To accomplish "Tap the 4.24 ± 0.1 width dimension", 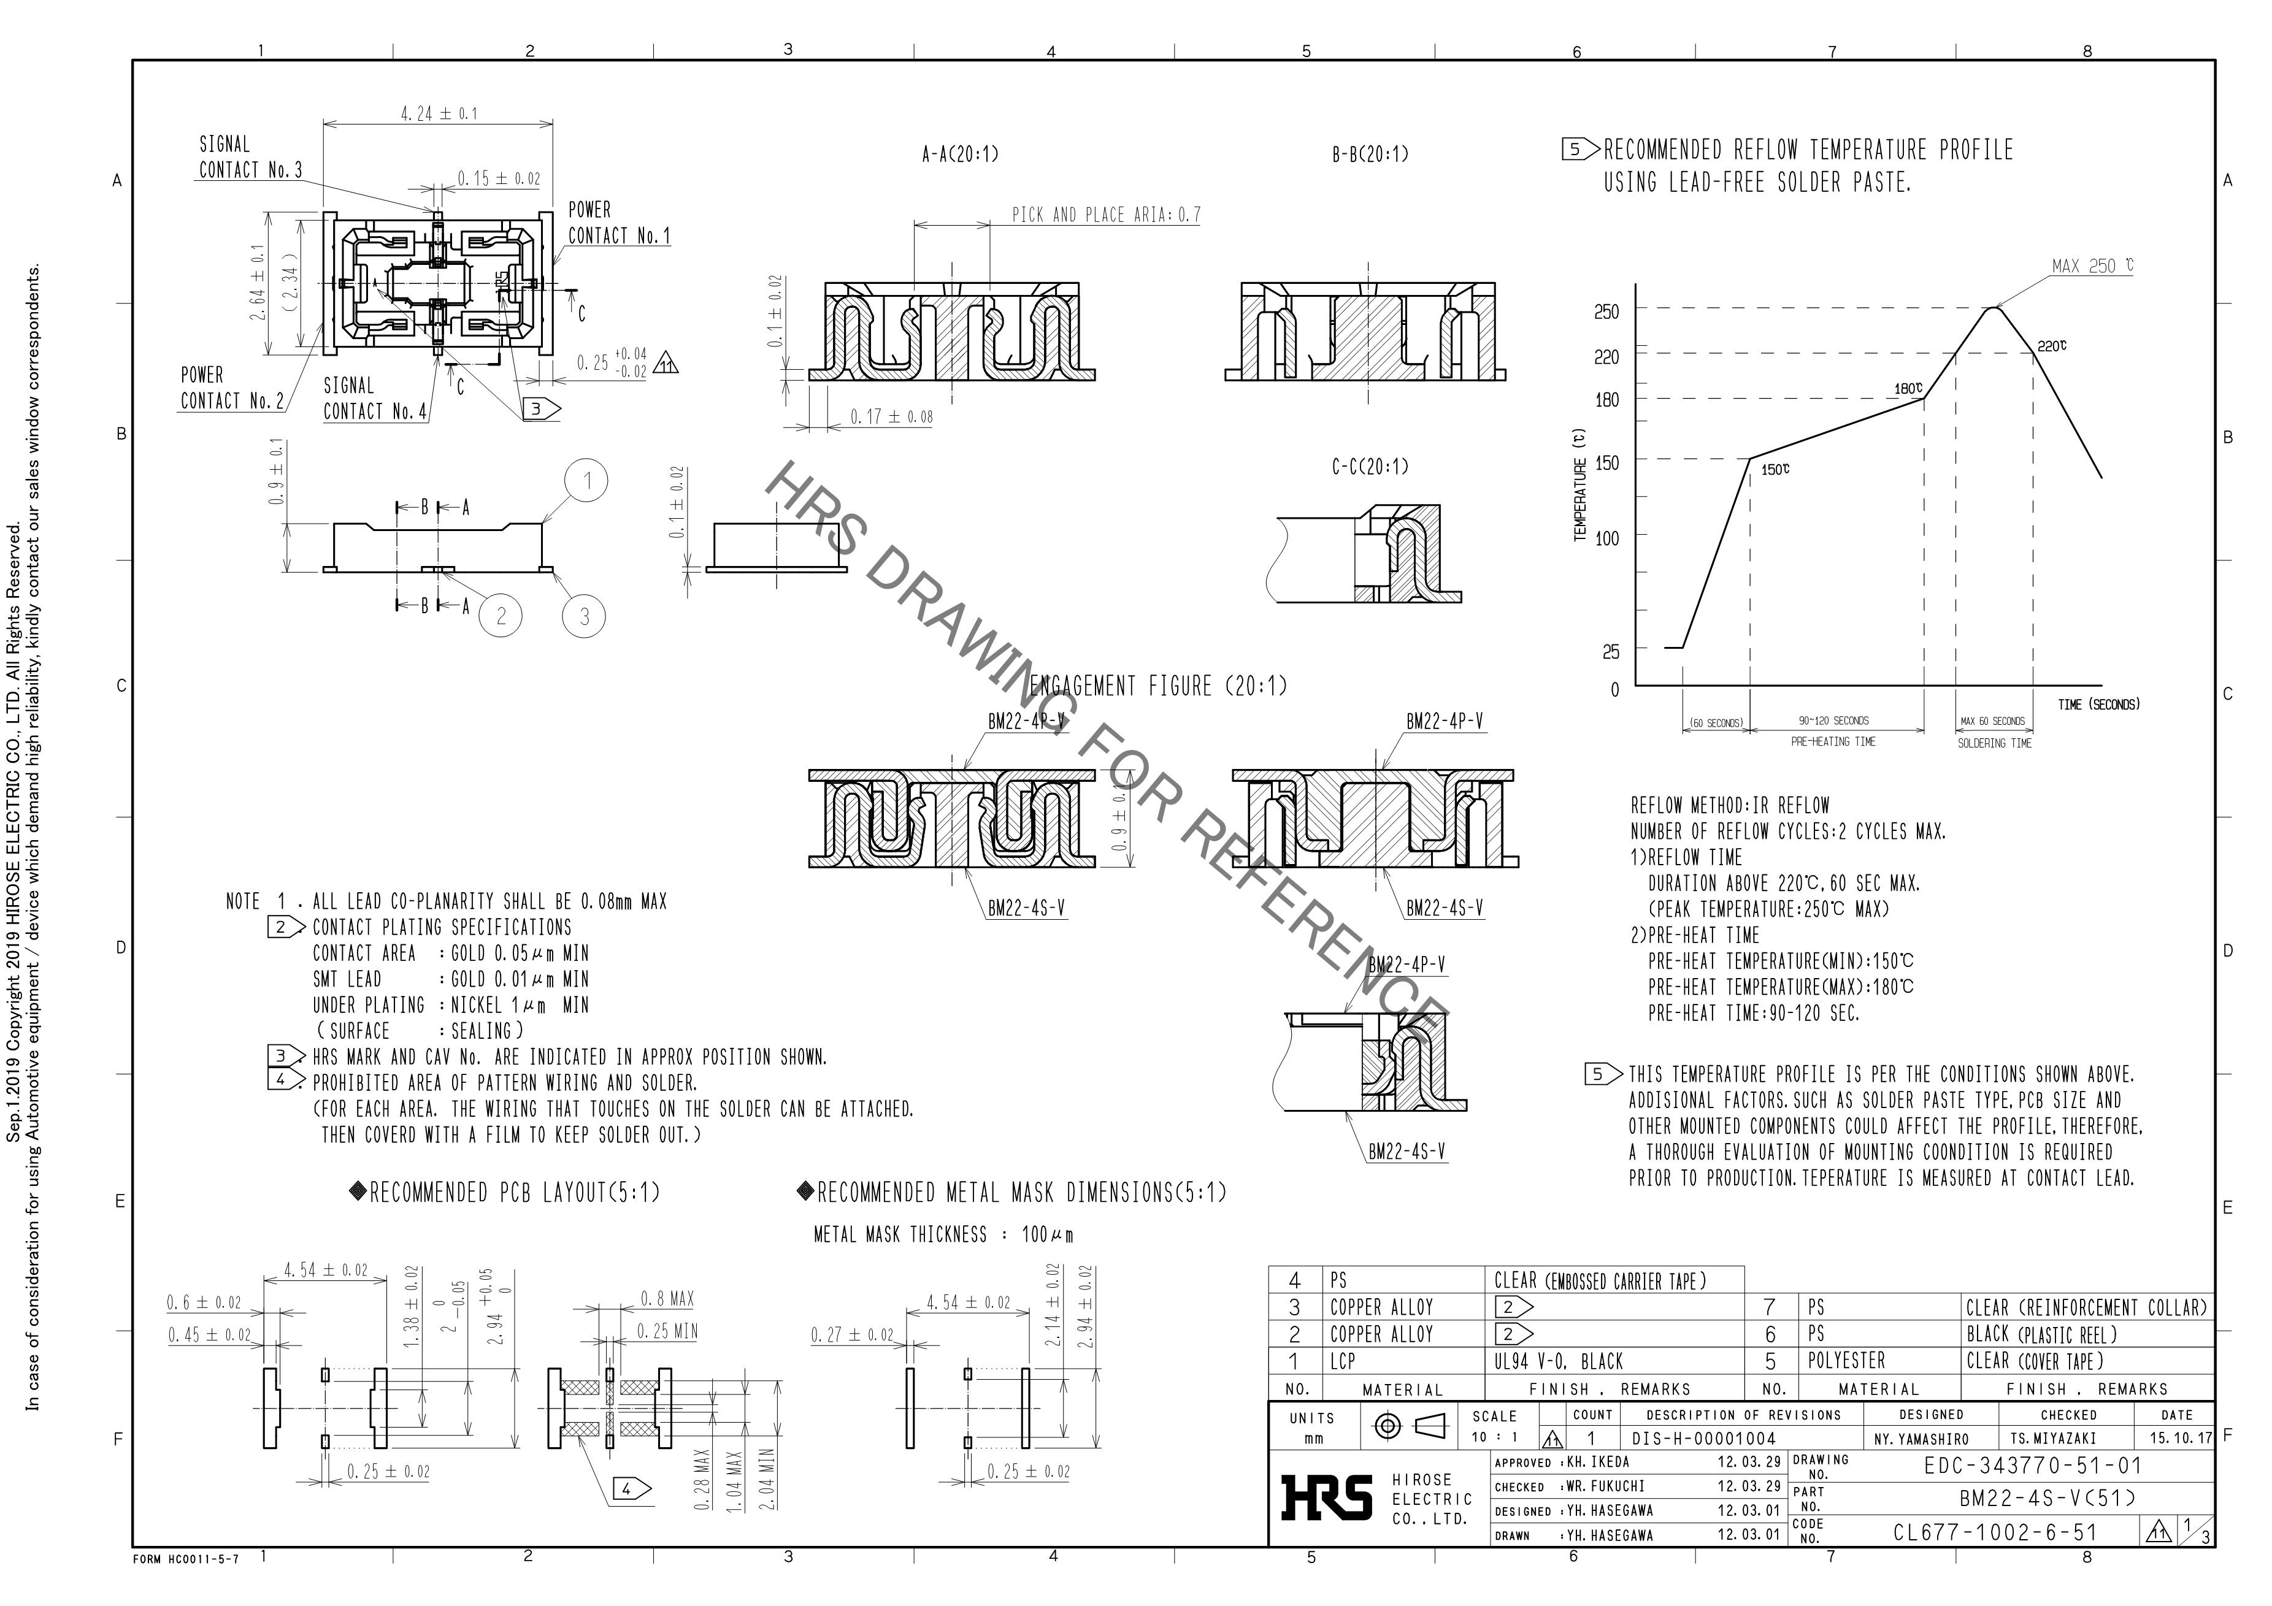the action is pos(439,114).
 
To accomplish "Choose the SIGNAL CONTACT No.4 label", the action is pos(375,399).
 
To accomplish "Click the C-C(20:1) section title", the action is pos(1370,466).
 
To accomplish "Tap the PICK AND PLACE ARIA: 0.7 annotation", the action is pos(1105,215).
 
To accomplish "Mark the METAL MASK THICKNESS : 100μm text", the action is pos(943,1235).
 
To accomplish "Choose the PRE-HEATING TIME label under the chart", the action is pos(1833,741).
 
